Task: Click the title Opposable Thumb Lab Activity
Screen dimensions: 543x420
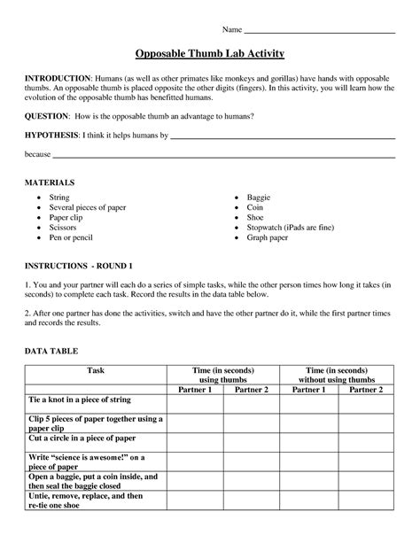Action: [x=210, y=54]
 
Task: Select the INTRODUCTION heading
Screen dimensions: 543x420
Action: [x=58, y=78]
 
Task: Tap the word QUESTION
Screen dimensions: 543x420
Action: [x=46, y=116]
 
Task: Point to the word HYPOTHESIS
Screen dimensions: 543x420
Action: [x=51, y=136]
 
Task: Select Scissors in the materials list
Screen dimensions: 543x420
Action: [x=65, y=228]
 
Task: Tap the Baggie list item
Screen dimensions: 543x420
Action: [x=261, y=198]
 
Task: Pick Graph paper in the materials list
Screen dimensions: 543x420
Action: [x=271, y=237]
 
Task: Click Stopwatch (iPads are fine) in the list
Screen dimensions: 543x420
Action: [x=290, y=228]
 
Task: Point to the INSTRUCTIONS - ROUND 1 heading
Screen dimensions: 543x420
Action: [x=78, y=266]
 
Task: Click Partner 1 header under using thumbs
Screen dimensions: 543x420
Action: [x=195, y=389]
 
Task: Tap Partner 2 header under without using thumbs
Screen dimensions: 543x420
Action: [x=366, y=389]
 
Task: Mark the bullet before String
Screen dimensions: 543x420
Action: [x=39, y=198]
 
